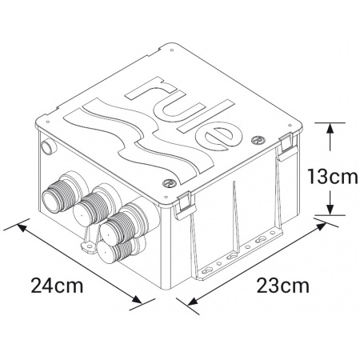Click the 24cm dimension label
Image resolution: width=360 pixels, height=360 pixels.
pyautogui.click(x=58, y=285)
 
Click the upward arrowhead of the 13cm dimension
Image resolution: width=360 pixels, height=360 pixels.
pyautogui.click(x=330, y=126)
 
